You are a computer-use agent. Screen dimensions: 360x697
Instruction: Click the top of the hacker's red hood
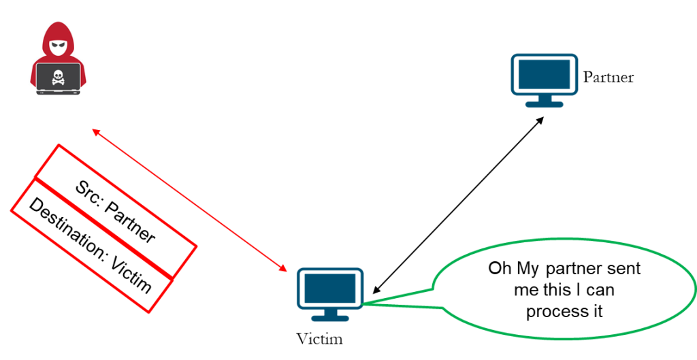point(58,26)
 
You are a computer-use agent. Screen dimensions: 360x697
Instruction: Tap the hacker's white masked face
point(59,48)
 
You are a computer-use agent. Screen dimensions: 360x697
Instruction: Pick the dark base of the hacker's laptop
point(59,92)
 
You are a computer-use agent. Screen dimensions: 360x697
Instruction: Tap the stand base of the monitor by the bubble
point(330,318)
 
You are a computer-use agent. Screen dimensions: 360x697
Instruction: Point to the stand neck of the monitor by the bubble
point(330,311)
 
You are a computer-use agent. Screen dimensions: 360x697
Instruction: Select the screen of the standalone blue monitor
point(545,74)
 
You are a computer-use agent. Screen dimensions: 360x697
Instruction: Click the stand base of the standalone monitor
point(545,104)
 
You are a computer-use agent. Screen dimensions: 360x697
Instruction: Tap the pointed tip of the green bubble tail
point(365,303)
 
